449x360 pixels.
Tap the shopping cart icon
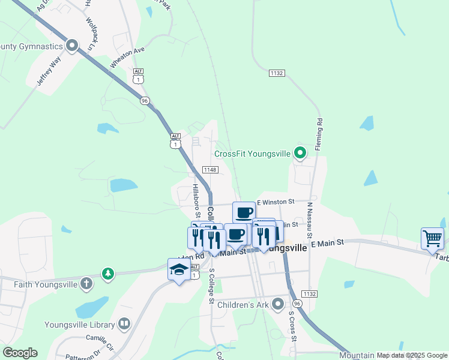[x=432, y=238]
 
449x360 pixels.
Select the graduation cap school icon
[x=179, y=270]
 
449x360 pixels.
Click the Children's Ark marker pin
[x=277, y=305]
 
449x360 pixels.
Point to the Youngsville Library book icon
[x=124, y=325]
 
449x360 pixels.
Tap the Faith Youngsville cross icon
[x=86, y=283]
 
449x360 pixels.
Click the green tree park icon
[x=107, y=274]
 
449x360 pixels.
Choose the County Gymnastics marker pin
[x=73, y=46]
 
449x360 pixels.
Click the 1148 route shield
[x=209, y=170]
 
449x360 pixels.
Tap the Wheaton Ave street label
[x=127, y=58]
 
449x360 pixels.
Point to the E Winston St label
[x=276, y=202]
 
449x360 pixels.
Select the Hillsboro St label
[x=196, y=200]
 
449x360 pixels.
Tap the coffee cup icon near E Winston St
[x=244, y=212]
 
